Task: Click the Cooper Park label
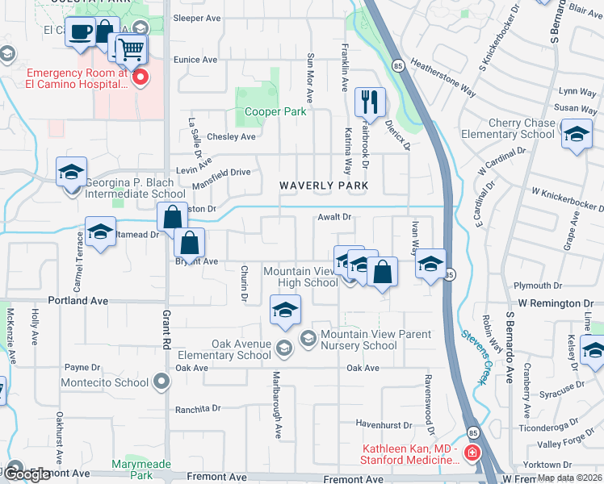[x=275, y=111]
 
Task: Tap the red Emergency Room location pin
[x=141, y=77]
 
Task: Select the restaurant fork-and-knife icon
[x=369, y=102]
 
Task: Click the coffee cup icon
[x=80, y=32]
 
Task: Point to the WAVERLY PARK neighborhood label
[x=324, y=186]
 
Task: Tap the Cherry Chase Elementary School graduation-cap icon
[x=577, y=134]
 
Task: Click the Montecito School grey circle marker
[x=162, y=381]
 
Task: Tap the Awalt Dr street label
[x=334, y=217]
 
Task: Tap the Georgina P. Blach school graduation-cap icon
[x=72, y=173]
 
